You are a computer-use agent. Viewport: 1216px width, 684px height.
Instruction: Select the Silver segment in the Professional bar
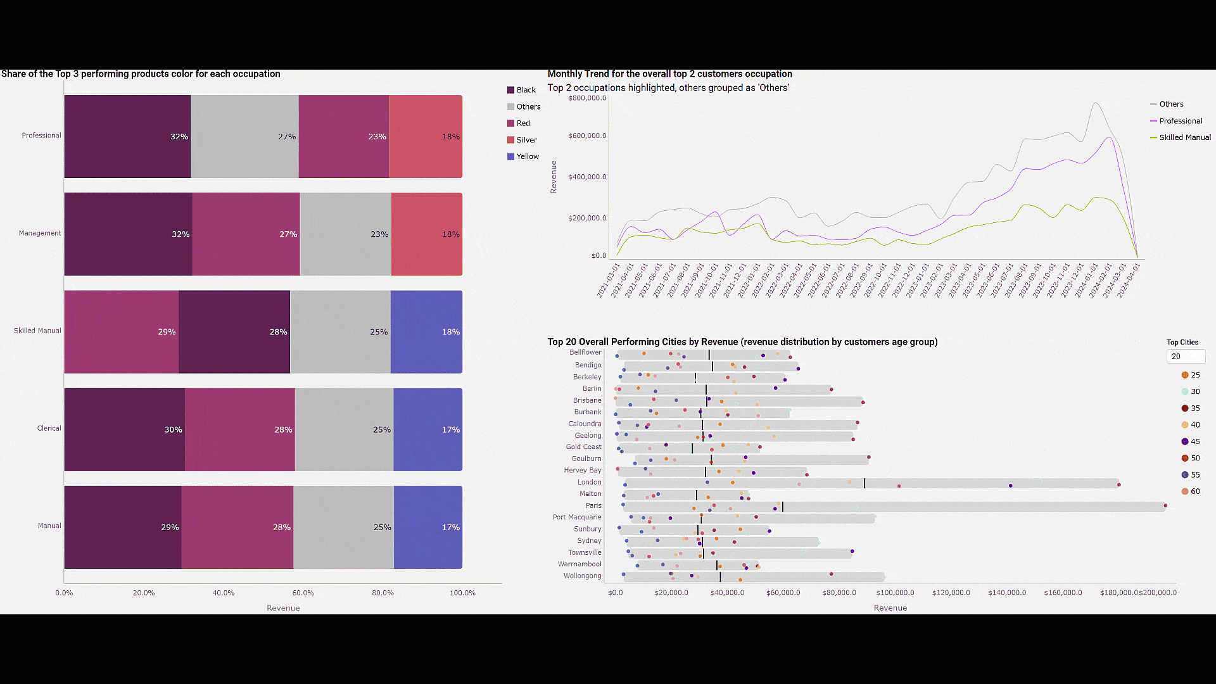[425, 136]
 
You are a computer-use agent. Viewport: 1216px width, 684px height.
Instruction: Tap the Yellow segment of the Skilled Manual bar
[426, 332]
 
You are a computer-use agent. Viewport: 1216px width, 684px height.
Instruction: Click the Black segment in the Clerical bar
[124, 429]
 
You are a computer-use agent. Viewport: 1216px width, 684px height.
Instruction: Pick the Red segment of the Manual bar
[237, 527]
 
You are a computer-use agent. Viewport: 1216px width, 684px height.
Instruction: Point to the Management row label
[40, 233]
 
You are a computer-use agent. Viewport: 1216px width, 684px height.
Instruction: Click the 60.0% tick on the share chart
[303, 593]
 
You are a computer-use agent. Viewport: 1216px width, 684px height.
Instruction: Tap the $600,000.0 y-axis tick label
[587, 136]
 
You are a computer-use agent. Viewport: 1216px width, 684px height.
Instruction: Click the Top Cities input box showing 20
[1185, 357]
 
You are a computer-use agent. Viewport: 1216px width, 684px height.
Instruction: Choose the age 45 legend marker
[1185, 441]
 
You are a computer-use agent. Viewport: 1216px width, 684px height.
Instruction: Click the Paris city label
[593, 505]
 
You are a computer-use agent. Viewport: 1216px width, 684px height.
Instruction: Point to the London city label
[589, 482]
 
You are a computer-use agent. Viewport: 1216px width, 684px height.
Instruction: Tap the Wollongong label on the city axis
[582, 576]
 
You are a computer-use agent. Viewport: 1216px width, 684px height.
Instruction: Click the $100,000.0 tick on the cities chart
[895, 593]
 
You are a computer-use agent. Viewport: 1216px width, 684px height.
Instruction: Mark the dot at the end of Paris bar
[1165, 505]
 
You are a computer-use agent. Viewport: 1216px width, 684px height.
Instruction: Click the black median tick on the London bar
[864, 483]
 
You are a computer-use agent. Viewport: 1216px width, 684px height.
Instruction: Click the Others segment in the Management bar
[345, 234]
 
